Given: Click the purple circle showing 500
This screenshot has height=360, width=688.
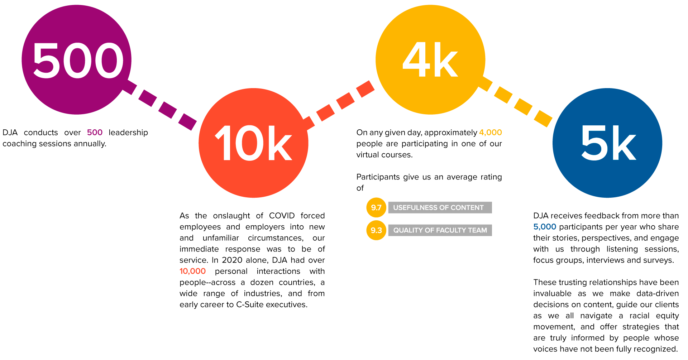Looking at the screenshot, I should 76,60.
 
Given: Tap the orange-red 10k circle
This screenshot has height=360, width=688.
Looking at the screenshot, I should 253,143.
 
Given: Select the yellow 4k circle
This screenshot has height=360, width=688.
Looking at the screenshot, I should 430,60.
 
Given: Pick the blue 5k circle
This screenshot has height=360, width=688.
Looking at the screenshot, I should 607,143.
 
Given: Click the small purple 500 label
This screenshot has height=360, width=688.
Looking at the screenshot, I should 95,133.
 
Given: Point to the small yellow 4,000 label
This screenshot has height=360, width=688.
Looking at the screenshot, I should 490,133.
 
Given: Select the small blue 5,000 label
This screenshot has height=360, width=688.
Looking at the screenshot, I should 545,227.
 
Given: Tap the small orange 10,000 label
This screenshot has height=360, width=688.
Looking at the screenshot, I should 192,271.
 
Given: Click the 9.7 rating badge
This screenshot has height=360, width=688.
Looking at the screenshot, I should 376,207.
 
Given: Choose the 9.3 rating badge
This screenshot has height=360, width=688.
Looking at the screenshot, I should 376,230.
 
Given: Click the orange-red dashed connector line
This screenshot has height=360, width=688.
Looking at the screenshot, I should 340,101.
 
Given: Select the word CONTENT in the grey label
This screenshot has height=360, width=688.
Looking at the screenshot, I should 467,208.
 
